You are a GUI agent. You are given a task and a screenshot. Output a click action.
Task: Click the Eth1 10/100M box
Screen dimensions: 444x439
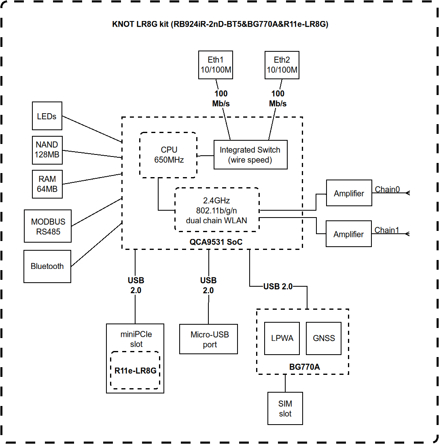tap(216, 65)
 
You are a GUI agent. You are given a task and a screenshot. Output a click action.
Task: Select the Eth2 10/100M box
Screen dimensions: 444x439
tap(282, 65)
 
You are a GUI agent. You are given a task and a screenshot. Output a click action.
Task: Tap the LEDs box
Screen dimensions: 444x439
tap(47, 116)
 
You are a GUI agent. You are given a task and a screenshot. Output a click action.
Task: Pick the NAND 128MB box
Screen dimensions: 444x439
tap(47, 150)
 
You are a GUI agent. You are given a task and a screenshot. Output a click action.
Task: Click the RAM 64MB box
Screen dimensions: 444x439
tap(47, 184)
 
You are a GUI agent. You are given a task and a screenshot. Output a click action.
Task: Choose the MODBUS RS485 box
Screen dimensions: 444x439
tap(48, 226)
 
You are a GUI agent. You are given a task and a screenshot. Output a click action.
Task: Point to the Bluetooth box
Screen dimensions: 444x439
tap(47, 266)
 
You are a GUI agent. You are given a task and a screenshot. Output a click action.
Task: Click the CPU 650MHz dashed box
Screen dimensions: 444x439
tap(168, 155)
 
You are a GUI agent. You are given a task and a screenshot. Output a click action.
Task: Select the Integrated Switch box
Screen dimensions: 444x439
tap(250, 155)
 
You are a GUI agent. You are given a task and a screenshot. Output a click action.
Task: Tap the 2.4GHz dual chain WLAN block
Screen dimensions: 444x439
tap(216, 210)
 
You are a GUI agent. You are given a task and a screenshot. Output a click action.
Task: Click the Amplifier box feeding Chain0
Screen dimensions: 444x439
tap(349, 193)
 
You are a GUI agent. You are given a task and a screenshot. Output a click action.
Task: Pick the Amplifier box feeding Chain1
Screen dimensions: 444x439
tap(349, 234)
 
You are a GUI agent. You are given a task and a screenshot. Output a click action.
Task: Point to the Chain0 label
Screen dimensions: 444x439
tap(387, 189)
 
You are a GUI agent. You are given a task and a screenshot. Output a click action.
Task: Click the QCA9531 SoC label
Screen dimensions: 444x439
tap(212, 242)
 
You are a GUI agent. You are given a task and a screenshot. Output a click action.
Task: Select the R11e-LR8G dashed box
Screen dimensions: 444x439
tap(135, 370)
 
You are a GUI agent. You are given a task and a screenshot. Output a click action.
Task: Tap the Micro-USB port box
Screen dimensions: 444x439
tap(209, 340)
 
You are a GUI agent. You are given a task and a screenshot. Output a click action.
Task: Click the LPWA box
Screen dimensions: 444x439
tap(282, 338)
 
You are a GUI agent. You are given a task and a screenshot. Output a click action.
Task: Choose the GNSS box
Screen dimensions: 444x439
tap(324, 338)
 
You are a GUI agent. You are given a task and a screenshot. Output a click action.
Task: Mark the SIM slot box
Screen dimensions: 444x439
tap(285, 408)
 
